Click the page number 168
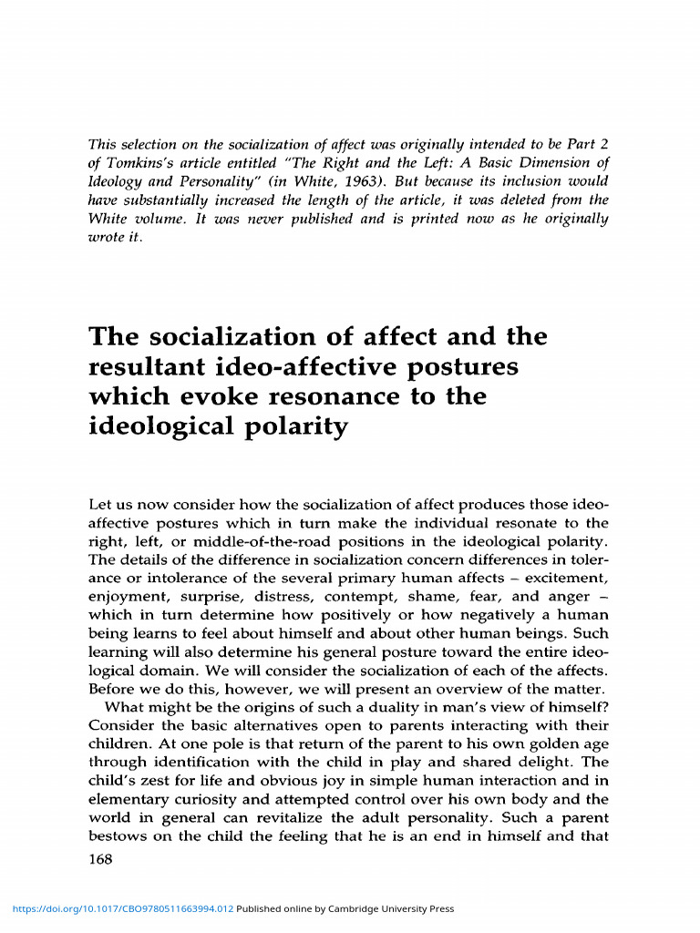tap(100, 859)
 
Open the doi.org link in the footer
tap(122, 908)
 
